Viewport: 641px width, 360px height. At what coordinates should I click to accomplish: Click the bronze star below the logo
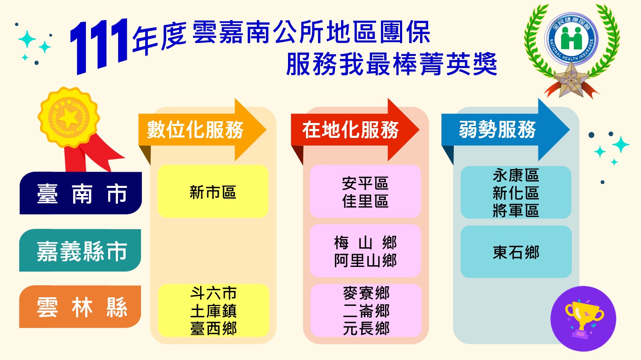(571, 80)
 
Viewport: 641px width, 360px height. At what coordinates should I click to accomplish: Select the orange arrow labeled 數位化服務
(202, 129)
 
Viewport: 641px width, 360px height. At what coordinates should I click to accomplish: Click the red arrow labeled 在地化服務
(355, 129)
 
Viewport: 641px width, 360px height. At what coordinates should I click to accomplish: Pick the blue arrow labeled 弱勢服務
(506, 129)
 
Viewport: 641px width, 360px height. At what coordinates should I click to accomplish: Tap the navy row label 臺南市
(81, 193)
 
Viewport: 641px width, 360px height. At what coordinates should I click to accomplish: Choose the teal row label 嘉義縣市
(80, 250)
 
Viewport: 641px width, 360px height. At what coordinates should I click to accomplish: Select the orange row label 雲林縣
(80, 307)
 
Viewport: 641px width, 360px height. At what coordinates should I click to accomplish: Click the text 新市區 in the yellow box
(213, 192)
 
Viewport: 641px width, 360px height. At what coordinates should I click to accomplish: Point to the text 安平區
(365, 183)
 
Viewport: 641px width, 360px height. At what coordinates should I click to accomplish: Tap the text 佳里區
(365, 201)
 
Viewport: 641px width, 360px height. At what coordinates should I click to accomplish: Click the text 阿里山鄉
(365, 260)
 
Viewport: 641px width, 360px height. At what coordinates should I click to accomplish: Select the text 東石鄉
(516, 252)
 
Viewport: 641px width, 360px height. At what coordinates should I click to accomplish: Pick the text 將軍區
(516, 211)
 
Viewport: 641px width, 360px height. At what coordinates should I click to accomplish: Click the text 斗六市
(214, 293)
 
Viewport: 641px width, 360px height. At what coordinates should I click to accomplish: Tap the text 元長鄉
(366, 328)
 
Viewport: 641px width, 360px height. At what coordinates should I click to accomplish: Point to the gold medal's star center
(68, 117)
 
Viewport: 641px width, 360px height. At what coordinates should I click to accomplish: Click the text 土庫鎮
(214, 311)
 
